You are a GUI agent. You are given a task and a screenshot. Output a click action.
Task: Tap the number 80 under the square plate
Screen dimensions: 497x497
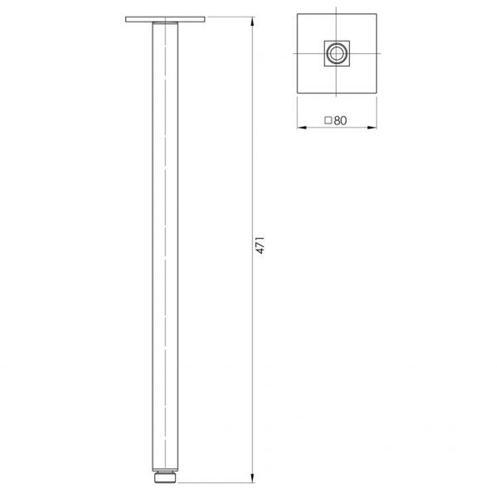[x=340, y=121]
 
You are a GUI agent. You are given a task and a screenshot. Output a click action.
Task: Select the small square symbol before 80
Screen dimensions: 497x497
[x=328, y=121]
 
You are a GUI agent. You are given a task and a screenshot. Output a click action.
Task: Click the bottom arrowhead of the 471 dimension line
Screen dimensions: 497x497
[x=252, y=479]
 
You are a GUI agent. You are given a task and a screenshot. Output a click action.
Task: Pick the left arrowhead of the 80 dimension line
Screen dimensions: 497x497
[x=300, y=127]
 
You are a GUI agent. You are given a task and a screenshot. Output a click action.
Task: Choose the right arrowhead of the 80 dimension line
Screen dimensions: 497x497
[x=374, y=127]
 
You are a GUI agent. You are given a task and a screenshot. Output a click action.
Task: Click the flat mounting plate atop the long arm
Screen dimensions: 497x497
[x=165, y=19]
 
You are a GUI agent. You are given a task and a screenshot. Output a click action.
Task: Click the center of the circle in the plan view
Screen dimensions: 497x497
[x=336, y=53]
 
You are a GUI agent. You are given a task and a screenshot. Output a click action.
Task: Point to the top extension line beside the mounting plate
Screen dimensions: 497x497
[x=230, y=17]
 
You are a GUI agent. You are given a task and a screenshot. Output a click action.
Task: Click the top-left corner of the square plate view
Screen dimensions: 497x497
[x=297, y=14]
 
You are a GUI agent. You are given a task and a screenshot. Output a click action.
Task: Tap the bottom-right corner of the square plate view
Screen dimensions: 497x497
[x=376, y=93]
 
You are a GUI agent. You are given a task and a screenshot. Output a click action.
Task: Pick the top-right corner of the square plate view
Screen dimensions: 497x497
[x=376, y=14]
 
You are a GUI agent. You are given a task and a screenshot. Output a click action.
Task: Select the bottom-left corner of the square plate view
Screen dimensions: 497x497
[x=297, y=93]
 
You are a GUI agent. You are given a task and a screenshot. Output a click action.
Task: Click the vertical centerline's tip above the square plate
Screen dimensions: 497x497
[x=336, y=8]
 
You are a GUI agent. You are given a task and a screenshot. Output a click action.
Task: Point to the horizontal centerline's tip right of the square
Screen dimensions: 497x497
[x=381, y=53]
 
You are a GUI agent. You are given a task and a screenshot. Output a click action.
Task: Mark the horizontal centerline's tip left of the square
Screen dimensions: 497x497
[x=293, y=53]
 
